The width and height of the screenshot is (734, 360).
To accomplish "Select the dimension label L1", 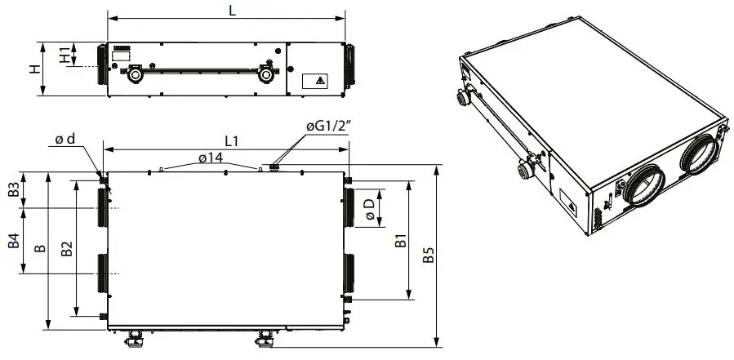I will (x=231, y=140).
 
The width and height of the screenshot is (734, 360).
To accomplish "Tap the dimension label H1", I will (x=64, y=56).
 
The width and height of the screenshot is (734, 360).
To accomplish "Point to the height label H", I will (x=34, y=69).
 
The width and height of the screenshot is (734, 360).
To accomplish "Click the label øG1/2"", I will (x=327, y=127).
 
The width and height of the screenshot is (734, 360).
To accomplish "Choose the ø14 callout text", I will (x=211, y=157).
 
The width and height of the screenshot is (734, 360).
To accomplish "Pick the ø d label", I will (x=65, y=140).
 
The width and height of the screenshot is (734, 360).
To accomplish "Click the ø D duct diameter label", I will (x=370, y=208).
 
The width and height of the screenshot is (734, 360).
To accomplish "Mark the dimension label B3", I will (x=14, y=190).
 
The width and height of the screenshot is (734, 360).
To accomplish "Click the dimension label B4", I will (x=14, y=241).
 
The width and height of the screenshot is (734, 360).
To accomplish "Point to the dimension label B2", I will (x=67, y=248).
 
